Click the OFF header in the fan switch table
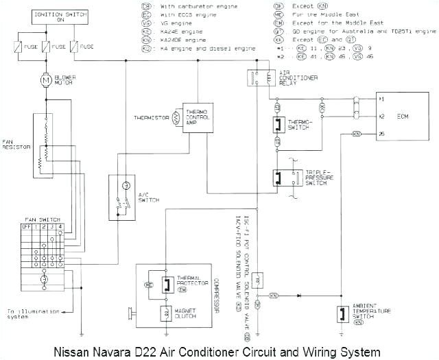tap(27, 226)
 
